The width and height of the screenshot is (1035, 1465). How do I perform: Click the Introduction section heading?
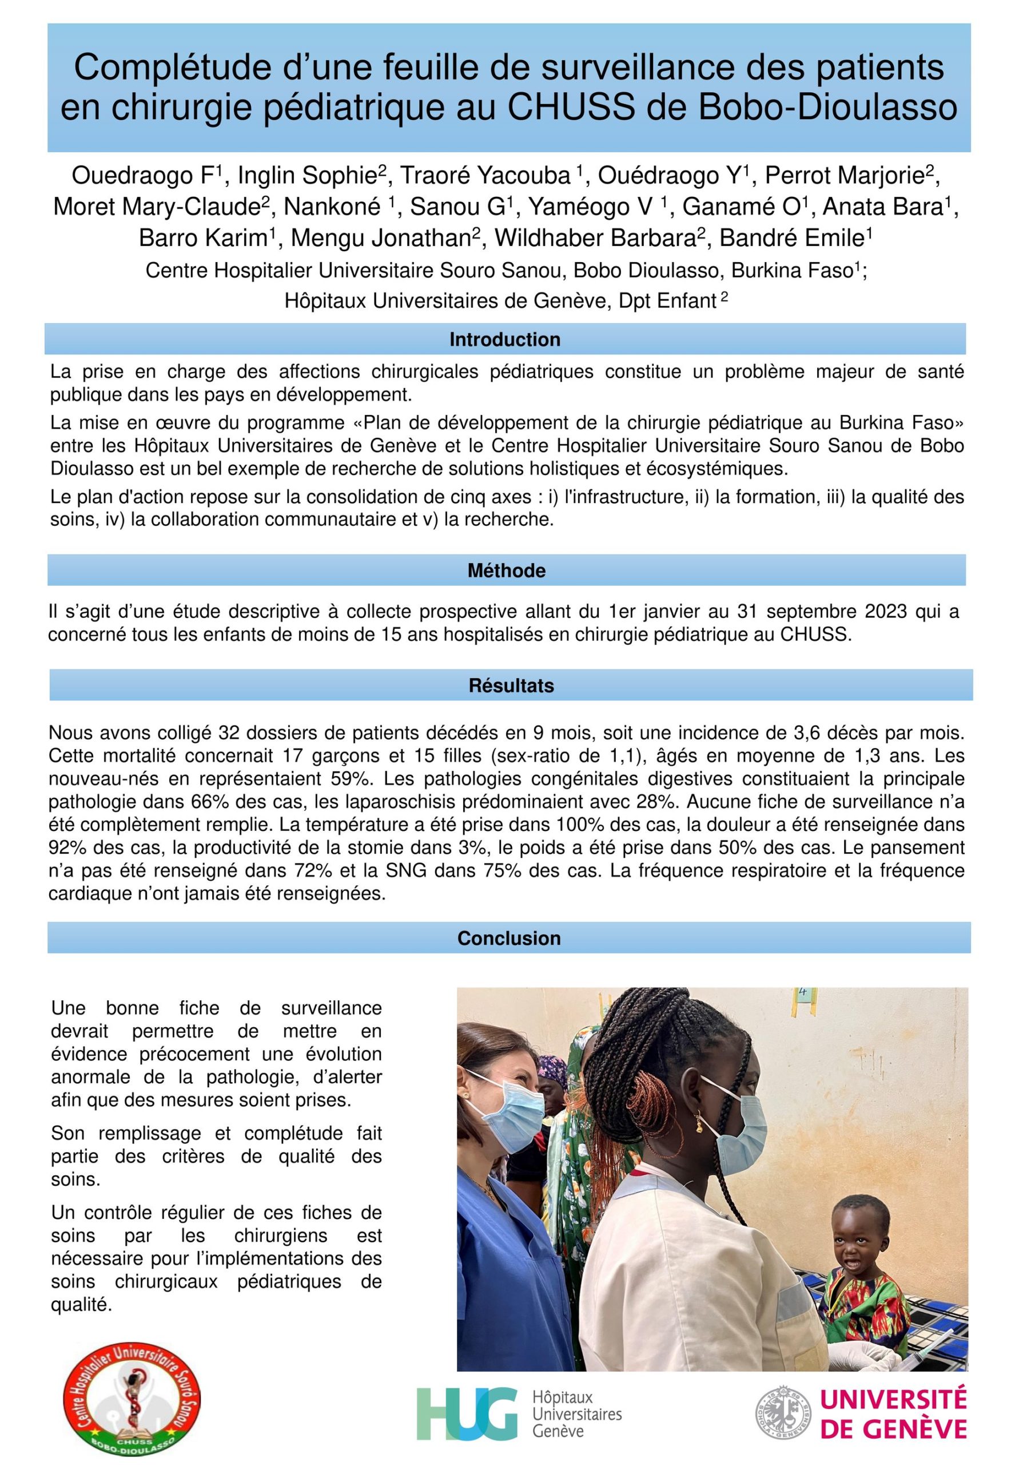click(x=504, y=339)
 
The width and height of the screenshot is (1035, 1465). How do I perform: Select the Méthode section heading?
click(x=506, y=571)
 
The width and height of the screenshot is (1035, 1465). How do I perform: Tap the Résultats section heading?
click(x=511, y=686)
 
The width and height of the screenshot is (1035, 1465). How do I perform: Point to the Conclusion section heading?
click(x=509, y=938)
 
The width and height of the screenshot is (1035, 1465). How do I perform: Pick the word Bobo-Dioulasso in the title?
click(x=828, y=107)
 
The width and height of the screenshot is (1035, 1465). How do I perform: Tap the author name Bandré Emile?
click(x=794, y=238)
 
